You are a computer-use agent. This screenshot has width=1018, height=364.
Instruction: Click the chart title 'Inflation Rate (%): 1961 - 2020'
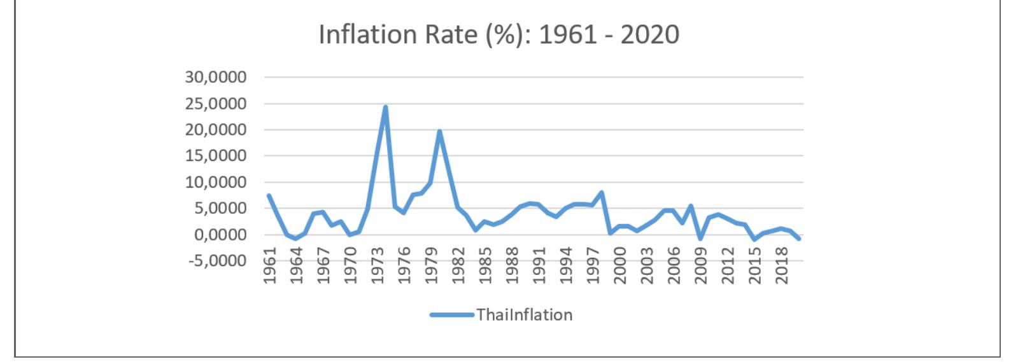click(498, 34)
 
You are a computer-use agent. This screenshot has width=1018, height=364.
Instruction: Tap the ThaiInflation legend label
click(525, 314)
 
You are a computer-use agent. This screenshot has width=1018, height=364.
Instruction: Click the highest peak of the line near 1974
click(385, 107)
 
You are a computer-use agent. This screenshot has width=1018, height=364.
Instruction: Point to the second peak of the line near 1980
click(439, 132)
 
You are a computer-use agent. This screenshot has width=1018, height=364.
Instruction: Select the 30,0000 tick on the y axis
click(215, 78)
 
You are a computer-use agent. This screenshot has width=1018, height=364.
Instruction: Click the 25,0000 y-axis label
click(215, 104)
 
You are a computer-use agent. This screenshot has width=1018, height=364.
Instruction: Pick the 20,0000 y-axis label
click(215, 130)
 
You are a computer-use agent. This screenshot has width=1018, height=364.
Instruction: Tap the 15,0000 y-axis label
click(215, 156)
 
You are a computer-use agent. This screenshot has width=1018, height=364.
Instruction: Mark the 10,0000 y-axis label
click(215, 183)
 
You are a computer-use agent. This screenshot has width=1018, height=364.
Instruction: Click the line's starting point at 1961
click(269, 195)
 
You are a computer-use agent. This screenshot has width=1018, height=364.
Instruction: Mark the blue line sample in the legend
click(451, 314)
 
